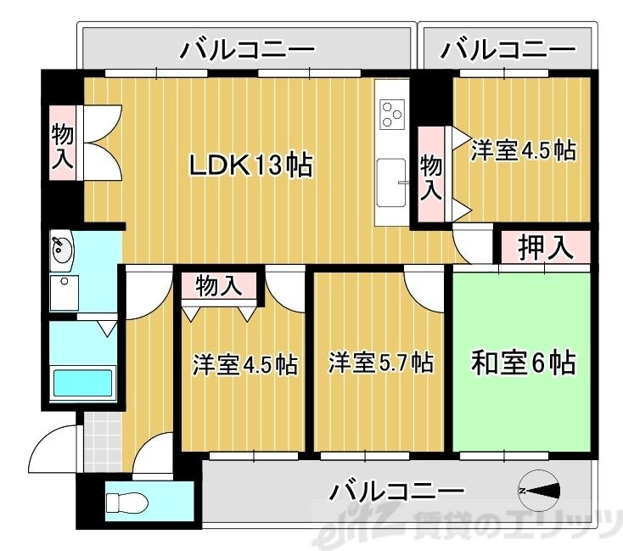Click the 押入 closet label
click(542, 247)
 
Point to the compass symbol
click(540, 490)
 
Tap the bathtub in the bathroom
click(83, 383)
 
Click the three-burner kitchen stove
click(392, 113)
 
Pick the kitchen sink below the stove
click(391, 181)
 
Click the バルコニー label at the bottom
click(397, 491)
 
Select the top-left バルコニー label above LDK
click(247, 51)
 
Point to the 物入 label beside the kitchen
click(431, 176)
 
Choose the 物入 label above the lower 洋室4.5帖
click(218, 285)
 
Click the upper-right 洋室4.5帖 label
click(523, 150)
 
